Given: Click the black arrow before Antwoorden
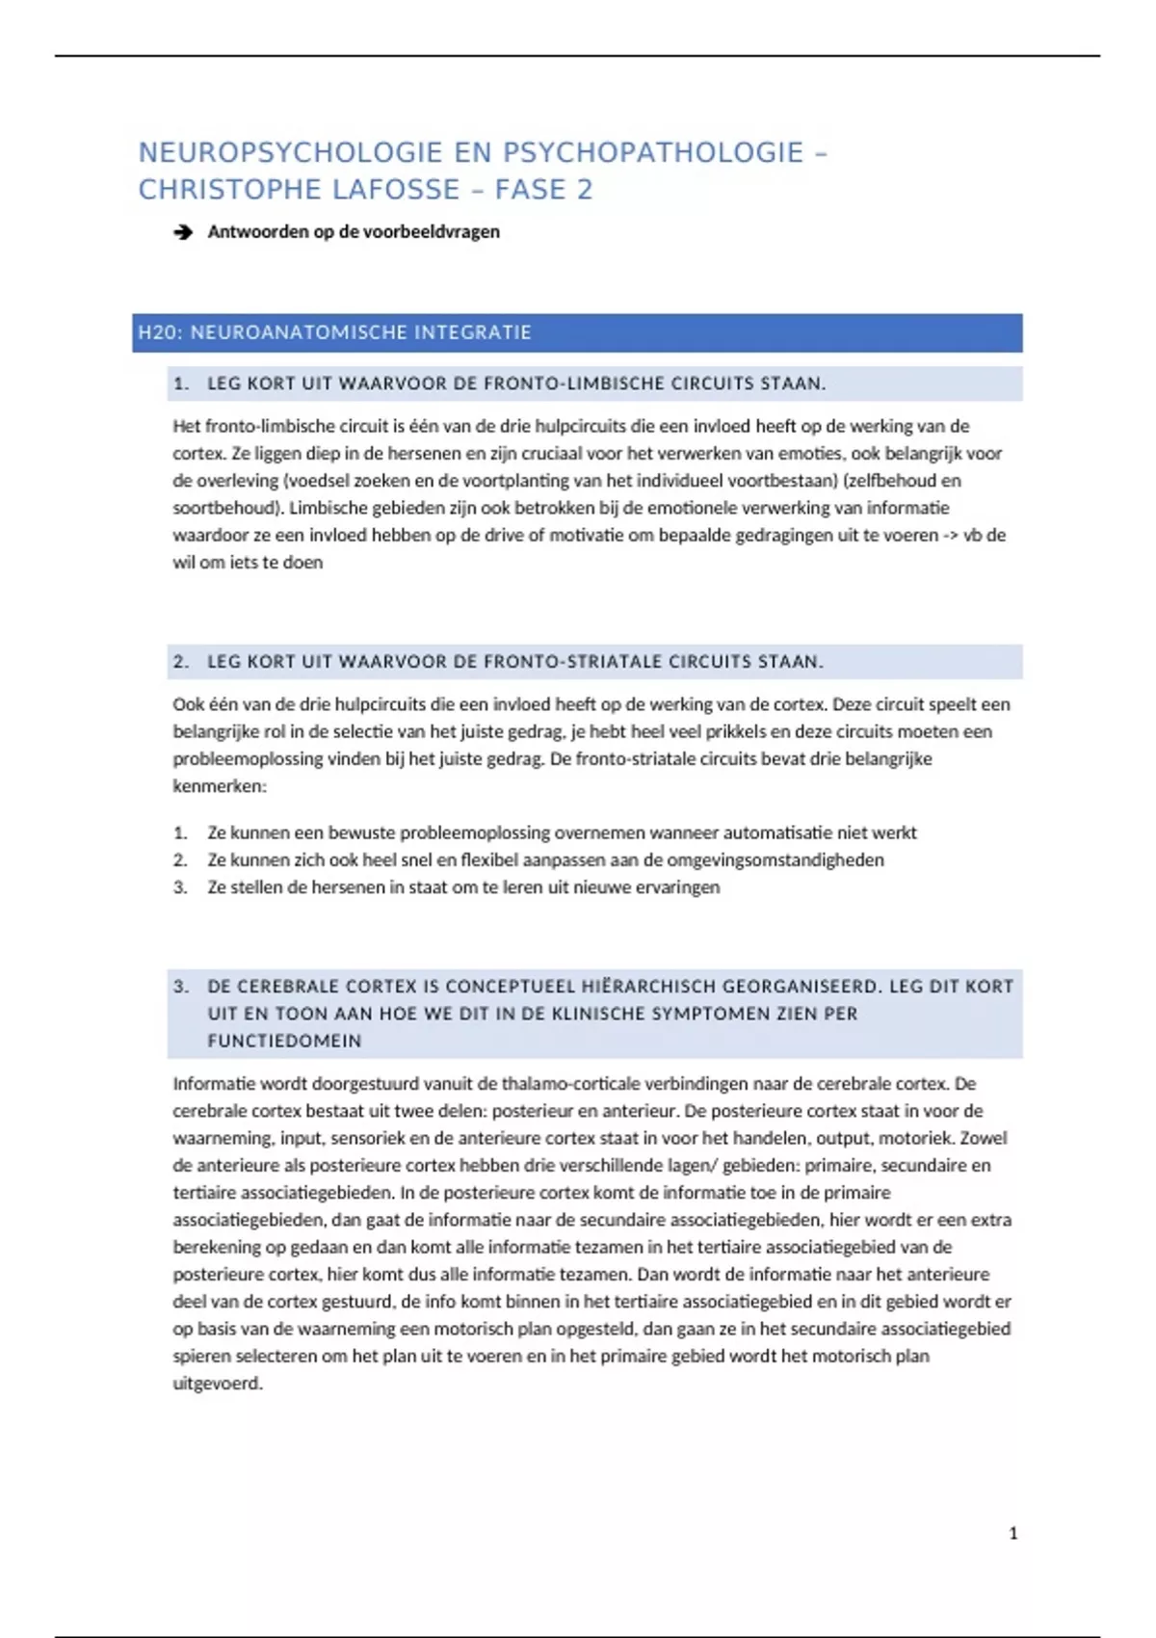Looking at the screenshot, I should click(182, 232).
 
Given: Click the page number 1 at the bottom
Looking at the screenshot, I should click(1012, 1533).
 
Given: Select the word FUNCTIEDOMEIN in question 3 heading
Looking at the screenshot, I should click(284, 1041).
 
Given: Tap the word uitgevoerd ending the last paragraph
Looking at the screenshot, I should click(217, 1384).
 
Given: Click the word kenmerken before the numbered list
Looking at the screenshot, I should click(219, 786).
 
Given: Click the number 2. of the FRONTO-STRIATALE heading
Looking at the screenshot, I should click(181, 662).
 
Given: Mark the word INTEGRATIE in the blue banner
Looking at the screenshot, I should click(472, 332).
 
